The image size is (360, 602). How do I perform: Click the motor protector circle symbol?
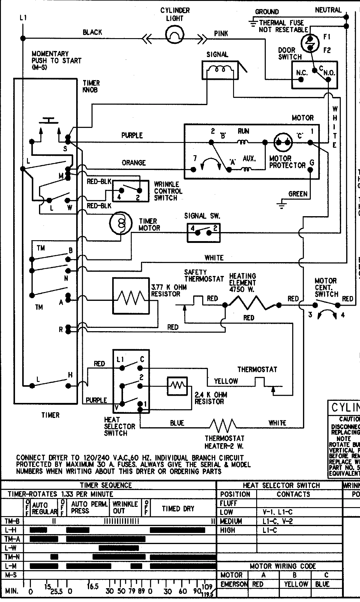283,142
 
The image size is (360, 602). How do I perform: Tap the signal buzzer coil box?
220,70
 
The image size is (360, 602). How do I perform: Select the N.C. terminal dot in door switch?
301,80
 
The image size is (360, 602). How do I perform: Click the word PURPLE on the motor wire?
132,135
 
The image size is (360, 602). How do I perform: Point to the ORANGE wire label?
133,163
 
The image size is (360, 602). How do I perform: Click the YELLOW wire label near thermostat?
226,381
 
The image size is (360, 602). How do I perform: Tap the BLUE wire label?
177,423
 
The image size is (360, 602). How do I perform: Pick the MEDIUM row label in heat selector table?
231,521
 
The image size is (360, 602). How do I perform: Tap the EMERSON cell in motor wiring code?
233,584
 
